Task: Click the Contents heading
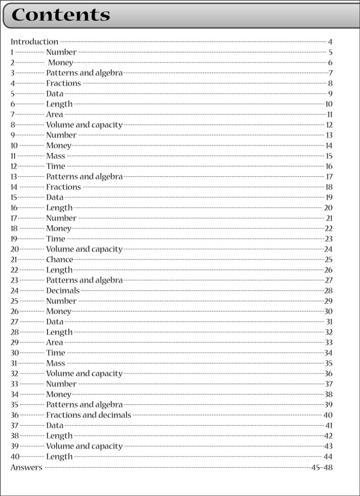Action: point(61,15)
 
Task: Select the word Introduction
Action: point(34,42)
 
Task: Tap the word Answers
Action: point(26,467)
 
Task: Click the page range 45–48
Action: point(322,467)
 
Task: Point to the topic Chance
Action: point(60,260)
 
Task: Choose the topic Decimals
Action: point(63,291)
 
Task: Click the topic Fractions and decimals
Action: point(89,415)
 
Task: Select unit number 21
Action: point(14,260)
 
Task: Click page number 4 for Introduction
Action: point(330,42)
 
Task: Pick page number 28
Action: point(328,291)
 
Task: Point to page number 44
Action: point(328,457)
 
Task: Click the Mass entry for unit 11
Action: point(55,156)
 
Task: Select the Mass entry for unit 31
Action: point(55,363)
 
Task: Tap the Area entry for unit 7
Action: point(54,115)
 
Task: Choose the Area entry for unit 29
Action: point(54,342)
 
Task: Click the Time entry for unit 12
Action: point(55,166)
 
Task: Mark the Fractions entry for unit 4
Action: point(64,83)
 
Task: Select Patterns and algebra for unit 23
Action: point(84,280)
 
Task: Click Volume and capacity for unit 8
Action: point(84,125)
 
